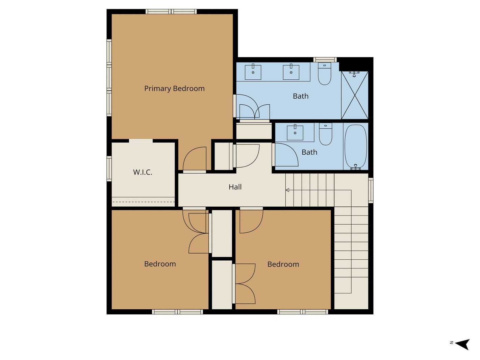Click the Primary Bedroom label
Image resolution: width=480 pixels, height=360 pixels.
pyautogui.click(x=174, y=88)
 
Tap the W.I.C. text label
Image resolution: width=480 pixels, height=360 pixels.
pyautogui.click(x=142, y=172)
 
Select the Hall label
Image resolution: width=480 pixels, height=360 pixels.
pyautogui.click(x=235, y=187)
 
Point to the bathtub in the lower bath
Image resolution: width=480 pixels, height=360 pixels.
pyautogui.click(x=356, y=146)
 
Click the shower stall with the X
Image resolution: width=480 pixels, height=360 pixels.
pyautogui.click(x=355, y=95)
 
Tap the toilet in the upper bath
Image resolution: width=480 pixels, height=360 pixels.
pyautogui.click(x=325, y=74)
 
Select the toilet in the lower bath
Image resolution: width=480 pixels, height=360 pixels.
pyautogui.click(x=326, y=134)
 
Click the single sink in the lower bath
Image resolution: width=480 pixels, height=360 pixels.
pyautogui.click(x=295, y=133)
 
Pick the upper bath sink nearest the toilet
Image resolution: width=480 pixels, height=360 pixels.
pyautogui.click(x=291, y=72)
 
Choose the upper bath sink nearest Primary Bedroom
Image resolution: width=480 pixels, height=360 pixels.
pyautogui.click(x=253, y=72)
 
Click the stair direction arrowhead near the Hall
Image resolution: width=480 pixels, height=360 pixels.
pyautogui.click(x=287, y=190)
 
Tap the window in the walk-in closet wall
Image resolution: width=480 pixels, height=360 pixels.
pyautogui.click(x=109, y=169)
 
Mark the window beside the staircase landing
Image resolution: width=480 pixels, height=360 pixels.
pyautogui.click(x=371, y=190)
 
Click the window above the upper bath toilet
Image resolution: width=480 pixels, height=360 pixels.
pyautogui.click(x=325, y=60)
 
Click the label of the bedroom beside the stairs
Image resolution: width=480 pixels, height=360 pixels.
pyautogui.click(x=283, y=264)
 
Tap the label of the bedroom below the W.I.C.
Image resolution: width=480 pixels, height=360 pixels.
pyautogui.click(x=160, y=264)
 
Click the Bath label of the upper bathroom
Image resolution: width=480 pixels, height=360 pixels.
pyautogui.click(x=301, y=96)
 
